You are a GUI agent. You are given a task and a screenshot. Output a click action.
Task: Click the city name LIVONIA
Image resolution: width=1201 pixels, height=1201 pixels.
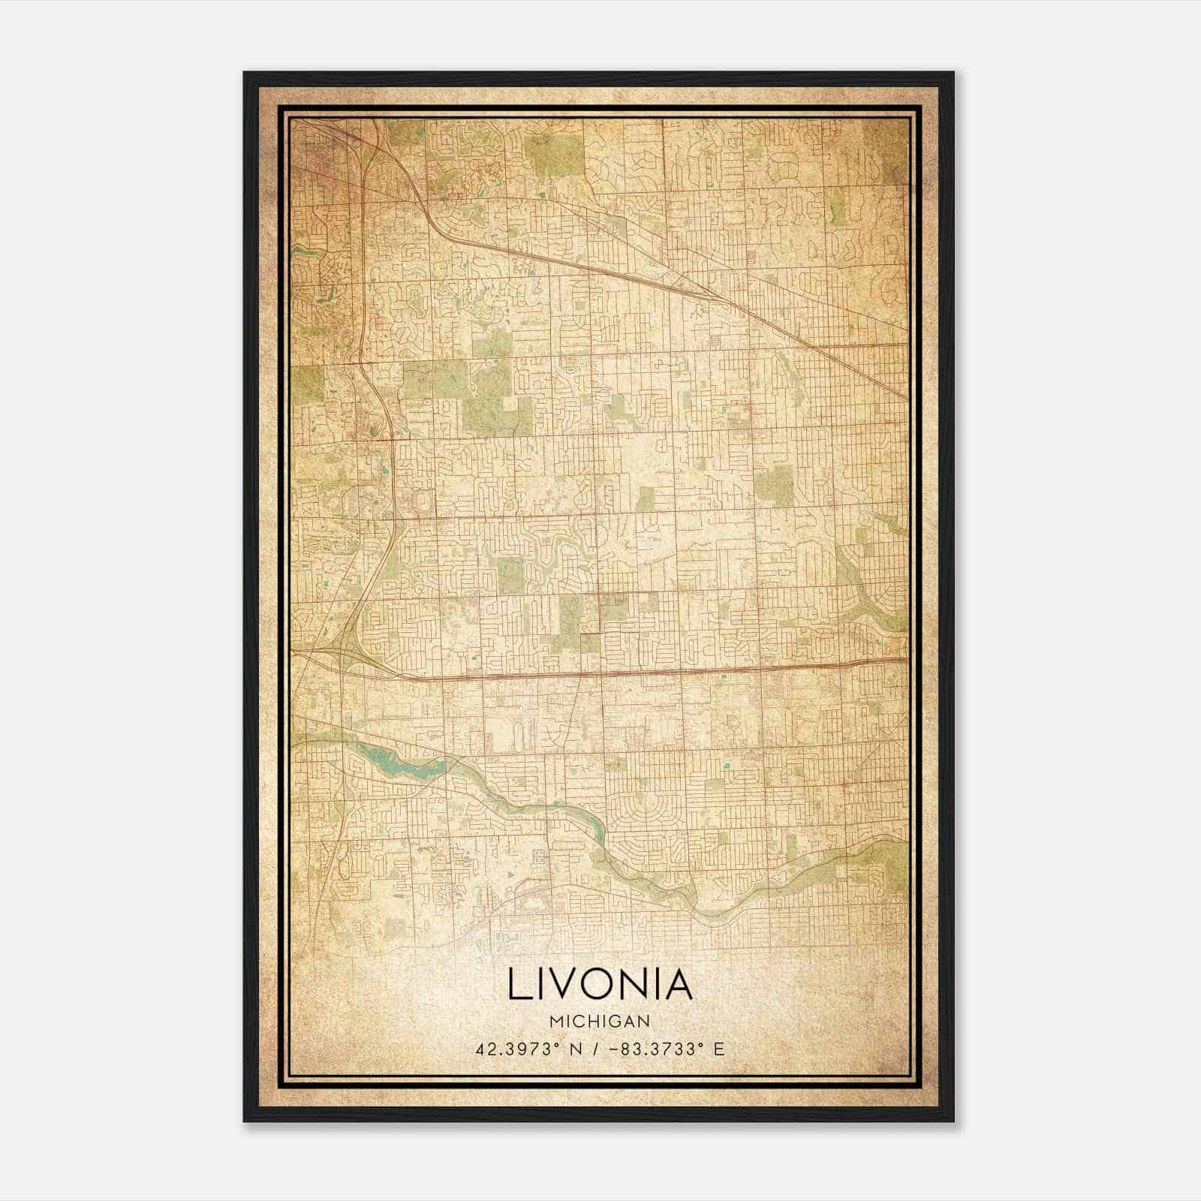coord(600,985)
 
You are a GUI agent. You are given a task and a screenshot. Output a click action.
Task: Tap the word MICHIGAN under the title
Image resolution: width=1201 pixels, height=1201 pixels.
coord(600,1022)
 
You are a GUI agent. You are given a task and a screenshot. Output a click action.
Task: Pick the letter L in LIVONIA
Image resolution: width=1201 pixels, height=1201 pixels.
coord(517,985)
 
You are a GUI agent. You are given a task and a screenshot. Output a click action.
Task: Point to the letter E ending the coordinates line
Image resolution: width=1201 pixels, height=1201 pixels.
coord(719,1049)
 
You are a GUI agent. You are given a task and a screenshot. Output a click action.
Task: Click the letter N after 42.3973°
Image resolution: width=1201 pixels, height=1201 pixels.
coord(576,1049)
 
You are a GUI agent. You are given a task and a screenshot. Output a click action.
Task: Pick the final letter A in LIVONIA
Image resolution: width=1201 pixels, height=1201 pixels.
coord(676,985)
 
